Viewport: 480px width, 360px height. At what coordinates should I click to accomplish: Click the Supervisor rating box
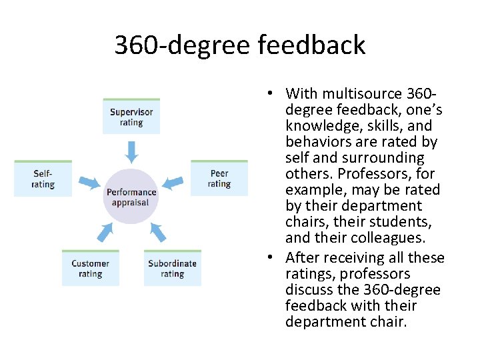(131, 117)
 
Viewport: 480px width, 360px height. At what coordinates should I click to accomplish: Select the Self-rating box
(43, 179)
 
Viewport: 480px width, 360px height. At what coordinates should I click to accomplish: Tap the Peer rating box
(219, 178)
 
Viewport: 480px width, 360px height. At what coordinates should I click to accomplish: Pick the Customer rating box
(90, 268)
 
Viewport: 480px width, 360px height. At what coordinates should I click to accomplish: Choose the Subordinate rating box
(172, 268)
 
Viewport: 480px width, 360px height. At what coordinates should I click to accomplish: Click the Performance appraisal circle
(131, 197)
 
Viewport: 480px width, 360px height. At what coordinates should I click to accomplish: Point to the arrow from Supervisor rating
(131, 151)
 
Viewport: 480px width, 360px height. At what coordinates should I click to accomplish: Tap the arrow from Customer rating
(105, 232)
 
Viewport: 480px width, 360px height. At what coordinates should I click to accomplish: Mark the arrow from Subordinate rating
(157, 231)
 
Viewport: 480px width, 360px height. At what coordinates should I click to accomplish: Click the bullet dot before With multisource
(273, 94)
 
